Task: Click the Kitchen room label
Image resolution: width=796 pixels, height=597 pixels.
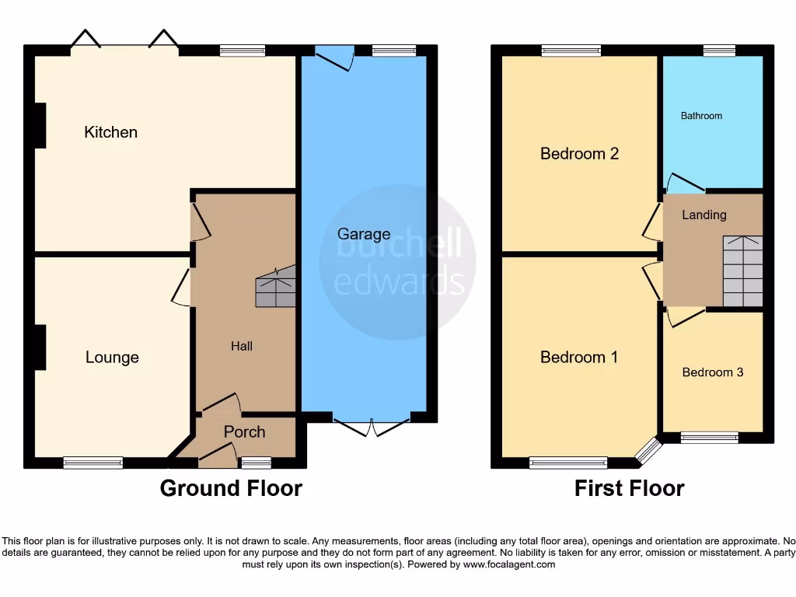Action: [110, 132]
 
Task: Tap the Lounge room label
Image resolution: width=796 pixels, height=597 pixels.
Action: [112, 358]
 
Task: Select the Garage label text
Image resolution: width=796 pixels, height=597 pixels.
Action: [364, 234]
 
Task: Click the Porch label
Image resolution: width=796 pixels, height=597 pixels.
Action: [244, 432]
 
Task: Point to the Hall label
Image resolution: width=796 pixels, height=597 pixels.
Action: [241, 346]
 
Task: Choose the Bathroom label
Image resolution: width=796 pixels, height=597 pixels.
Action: [701, 116]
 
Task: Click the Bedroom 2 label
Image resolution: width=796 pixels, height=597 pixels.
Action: [579, 154]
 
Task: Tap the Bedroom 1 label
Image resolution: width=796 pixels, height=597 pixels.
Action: [579, 358]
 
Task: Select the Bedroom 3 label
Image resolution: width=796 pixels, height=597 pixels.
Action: [712, 372]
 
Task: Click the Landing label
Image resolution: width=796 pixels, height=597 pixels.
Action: [703, 215]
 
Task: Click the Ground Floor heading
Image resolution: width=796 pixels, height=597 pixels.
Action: [231, 488]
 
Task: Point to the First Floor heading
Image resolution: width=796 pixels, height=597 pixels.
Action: [629, 488]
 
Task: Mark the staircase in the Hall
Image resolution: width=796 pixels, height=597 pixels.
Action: [276, 287]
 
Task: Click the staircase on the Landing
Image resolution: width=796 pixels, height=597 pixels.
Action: [742, 271]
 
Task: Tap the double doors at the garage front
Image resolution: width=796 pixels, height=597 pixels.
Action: [372, 425]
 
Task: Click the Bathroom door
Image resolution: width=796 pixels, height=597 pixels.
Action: [684, 183]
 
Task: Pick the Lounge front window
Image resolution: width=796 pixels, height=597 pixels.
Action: [93, 463]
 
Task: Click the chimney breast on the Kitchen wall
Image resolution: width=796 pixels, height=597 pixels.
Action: [39, 125]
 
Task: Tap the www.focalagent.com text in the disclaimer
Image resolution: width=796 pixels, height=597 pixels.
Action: [509, 564]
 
